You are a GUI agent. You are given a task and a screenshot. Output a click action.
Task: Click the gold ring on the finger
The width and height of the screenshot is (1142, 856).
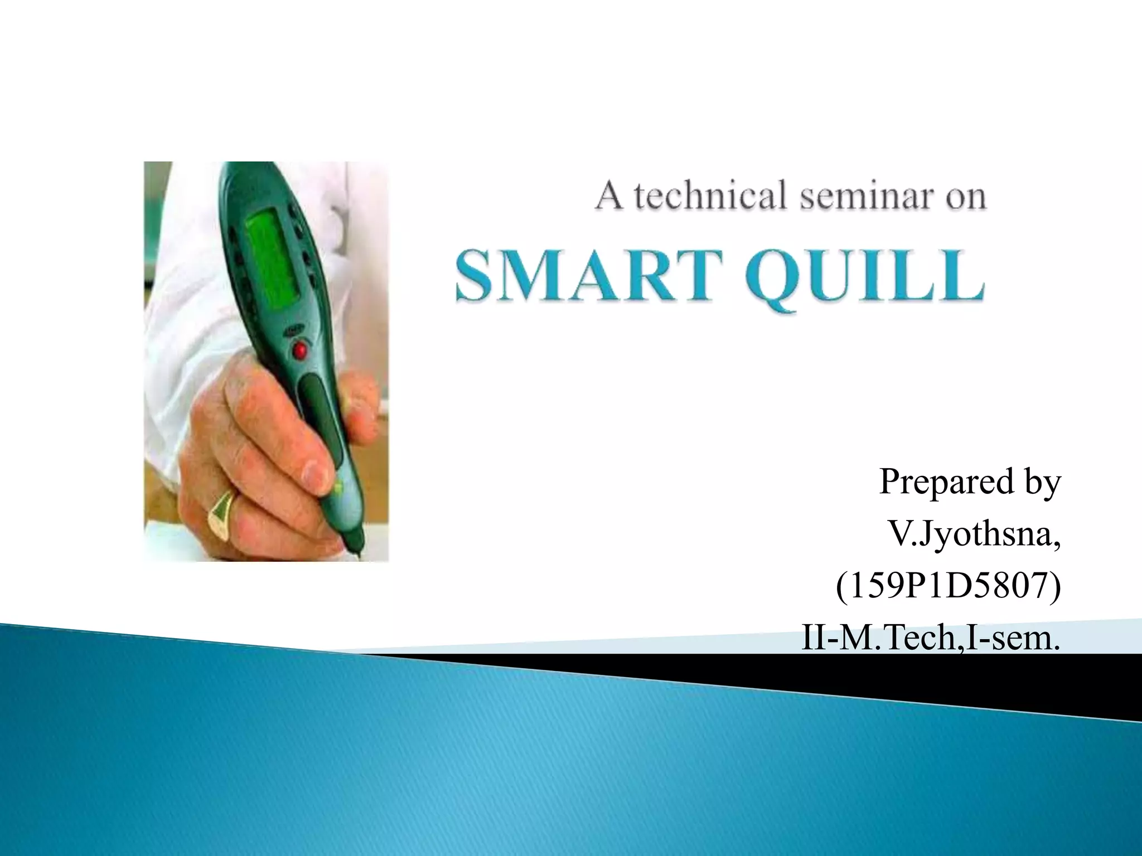222,513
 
